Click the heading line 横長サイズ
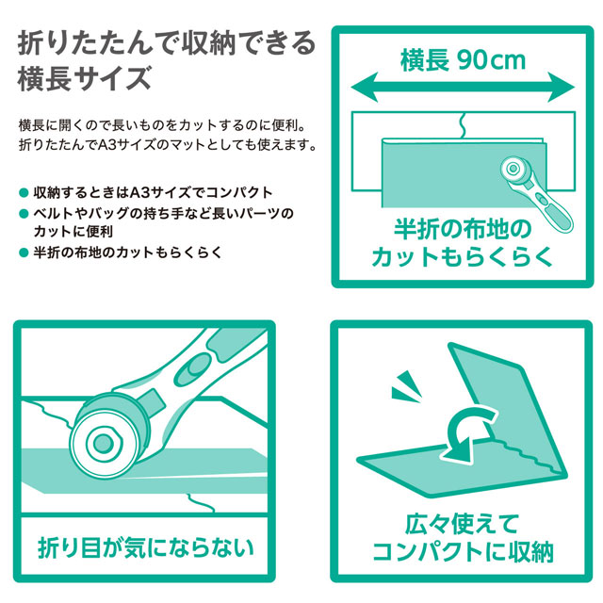85,78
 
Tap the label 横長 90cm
463,60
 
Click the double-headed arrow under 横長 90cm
463,87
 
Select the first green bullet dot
24,192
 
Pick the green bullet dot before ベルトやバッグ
24,214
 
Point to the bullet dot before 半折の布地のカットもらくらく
24,253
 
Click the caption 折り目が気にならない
146,547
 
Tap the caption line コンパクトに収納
463,552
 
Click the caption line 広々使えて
462,524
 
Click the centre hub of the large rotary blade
103,444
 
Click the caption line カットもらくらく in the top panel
462,257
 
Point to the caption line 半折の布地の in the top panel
463,230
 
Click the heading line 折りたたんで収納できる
167,44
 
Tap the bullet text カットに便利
73,232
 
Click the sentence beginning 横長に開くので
162,125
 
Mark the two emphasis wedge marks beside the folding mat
404,386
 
